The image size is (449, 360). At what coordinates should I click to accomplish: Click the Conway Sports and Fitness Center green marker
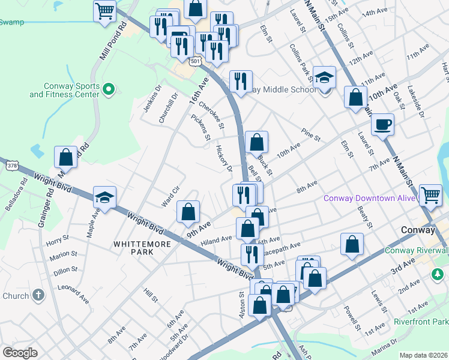pyautogui.click(x=108, y=90)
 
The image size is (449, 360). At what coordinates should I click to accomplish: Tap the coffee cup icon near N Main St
pyautogui.click(x=382, y=125)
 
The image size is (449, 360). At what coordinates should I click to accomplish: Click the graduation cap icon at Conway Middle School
pyautogui.click(x=324, y=77)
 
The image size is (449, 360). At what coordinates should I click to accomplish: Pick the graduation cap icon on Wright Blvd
pyautogui.click(x=104, y=198)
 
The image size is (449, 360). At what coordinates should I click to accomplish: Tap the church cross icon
pyautogui.click(x=38, y=295)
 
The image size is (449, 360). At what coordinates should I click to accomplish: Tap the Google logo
pyautogui.click(x=20, y=353)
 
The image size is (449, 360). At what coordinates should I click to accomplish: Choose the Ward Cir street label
pyautogui.click(x=171, y=196)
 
